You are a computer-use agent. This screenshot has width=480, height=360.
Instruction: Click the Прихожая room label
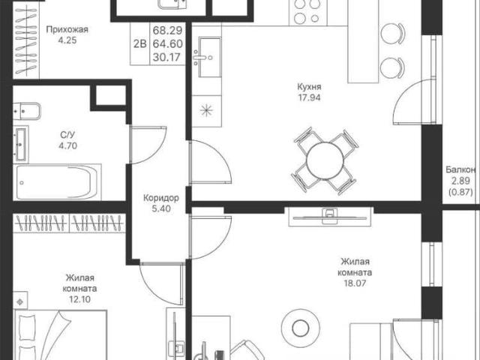click(67, 30)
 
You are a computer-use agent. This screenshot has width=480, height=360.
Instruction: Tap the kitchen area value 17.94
click(309, 97)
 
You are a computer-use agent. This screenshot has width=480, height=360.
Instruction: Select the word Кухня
click(309, 87)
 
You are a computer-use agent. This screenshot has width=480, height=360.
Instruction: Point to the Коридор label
click(161, 198)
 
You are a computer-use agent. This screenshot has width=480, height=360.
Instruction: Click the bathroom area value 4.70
click(68, 145)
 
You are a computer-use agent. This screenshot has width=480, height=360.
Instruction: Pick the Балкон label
click(460, 169)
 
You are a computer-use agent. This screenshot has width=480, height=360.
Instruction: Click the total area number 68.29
click(167, 30)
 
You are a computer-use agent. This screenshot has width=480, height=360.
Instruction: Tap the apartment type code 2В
click(140, 43)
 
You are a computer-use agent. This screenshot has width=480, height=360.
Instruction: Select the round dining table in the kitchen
click(325, 160)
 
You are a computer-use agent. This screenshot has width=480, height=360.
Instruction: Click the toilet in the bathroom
click(27, 111)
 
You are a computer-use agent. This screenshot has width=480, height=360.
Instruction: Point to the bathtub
click(57, 182)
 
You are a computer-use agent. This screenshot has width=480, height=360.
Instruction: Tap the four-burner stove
click(308, 13)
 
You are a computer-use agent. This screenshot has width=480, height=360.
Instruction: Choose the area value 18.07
click(355, 283)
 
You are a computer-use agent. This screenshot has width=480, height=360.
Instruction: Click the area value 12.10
click(79, 299)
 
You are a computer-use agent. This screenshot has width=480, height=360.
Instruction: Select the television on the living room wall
click(330, 217)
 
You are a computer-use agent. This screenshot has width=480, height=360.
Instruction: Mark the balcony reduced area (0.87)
click(460, 192)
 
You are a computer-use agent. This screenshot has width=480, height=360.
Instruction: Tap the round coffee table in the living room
click(300, 328)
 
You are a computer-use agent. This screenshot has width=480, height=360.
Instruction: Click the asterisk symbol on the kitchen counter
click(206, 110)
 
